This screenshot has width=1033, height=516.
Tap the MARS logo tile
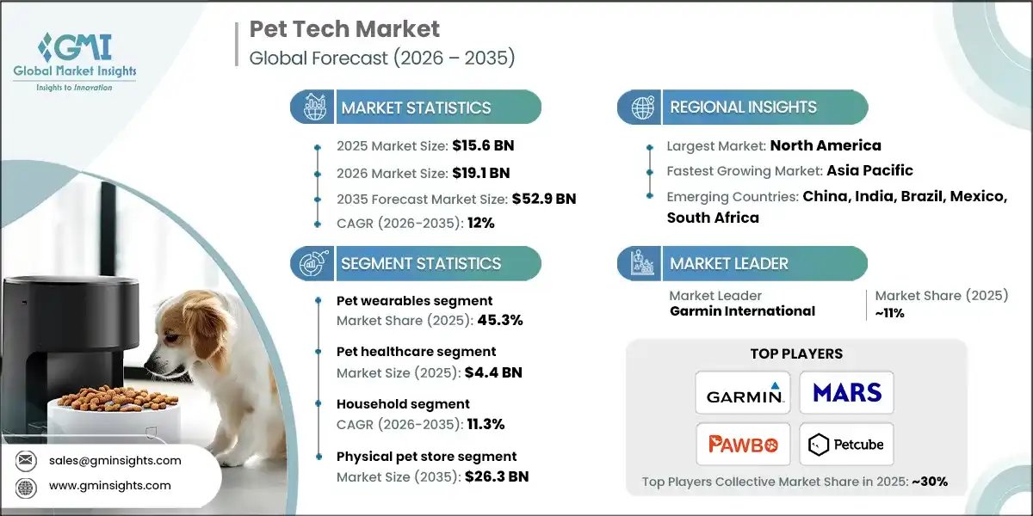(847, 393)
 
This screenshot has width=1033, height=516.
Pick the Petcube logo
(847, 444)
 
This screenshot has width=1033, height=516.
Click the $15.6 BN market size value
(483, 145)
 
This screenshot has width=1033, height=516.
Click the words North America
(825, 145)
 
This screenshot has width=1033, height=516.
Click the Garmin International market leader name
(742, 311)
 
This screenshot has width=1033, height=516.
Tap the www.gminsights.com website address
(110, 485)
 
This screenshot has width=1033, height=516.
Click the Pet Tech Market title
(344, 29)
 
